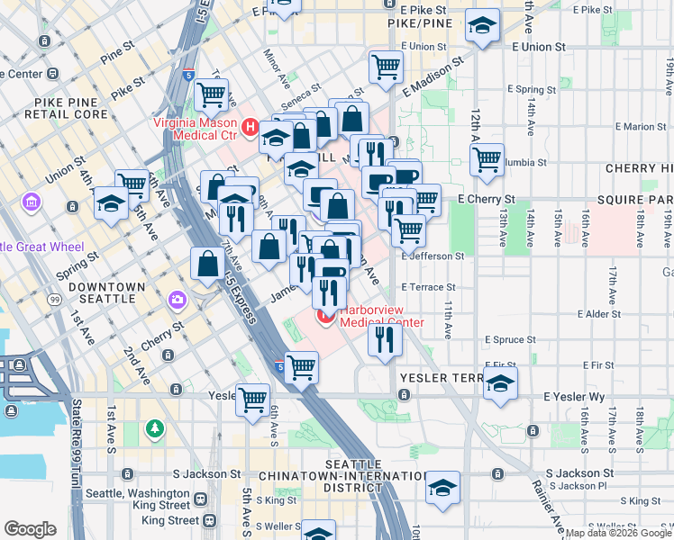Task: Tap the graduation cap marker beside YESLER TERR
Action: pyautogui.click(x=500, y=383)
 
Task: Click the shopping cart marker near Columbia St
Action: pyautogui.click(x=487, y=159)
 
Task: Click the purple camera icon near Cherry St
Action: pyautogui.click(x=177, y=299)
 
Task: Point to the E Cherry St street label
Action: pyautogui.click(x=486, y=199)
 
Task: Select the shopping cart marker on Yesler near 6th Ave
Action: pyautogui.click(x=253, y=398)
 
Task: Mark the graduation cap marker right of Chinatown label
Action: pyautogui.click(x=442, y=489)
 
